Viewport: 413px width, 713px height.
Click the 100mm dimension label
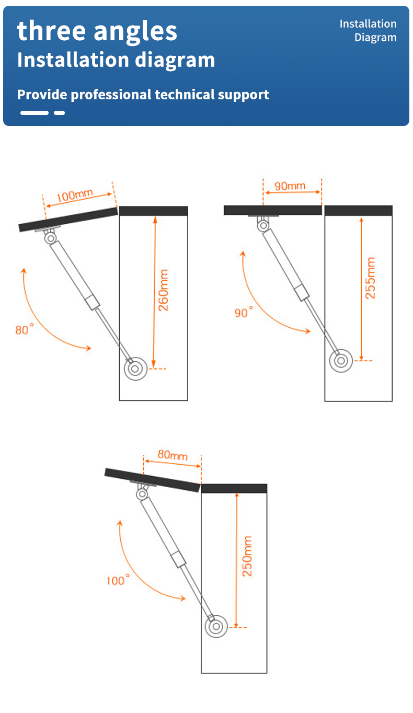(x=75, y=195)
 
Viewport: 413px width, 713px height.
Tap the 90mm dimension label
(x=290, y=186)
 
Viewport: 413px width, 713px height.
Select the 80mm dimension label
(x=173, y=455)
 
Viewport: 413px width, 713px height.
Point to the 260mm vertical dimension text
(x=163, y=290)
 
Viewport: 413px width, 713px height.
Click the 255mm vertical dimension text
(x=370, y=278)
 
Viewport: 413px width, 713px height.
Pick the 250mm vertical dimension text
(x=247, y=556)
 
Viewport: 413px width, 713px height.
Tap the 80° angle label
(x=25, y=329)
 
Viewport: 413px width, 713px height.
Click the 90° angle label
(x=244, y=312)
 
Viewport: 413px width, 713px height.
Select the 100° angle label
(x=118, y=580)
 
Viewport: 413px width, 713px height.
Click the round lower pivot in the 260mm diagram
(x=135, y=369)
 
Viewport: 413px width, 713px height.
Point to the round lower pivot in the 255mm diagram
(x=341, y=361)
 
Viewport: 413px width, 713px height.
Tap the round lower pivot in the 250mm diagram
(x=216, y=627)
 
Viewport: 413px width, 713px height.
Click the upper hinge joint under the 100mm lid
(x=50, y=238)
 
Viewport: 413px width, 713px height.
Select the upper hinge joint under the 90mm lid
(x=263, y=226)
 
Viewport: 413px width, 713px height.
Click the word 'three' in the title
(x=51, y=31)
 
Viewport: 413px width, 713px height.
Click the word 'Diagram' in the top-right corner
(x=375, y=38)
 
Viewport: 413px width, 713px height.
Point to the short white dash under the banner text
(x=59, y=113)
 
